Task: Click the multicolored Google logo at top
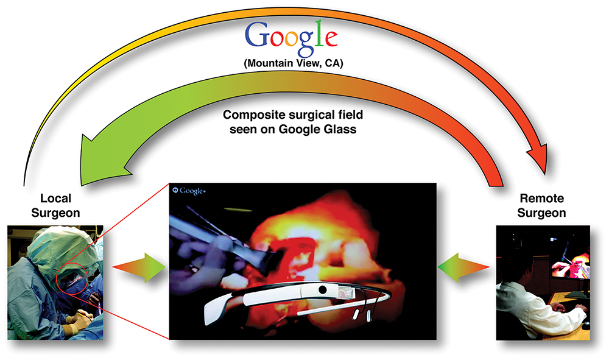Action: pyautogui.click(x=291, y=38)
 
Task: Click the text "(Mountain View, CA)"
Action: pyautogui.click(x=294, y=63)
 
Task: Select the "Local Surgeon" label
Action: pyautogui.click(x=55, y=205)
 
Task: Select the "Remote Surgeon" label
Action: pyautogui.click(x=541, y=205)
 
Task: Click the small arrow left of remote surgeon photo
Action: pyautogui.click(x=463, y=267)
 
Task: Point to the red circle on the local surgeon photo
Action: pyautogui.click(x=57, y=278)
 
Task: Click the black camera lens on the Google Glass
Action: pyautogui.click(x=322, y=290)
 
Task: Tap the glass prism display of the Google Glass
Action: pyautogui.click(x=347, y=292)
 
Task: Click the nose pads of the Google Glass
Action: pyautogui.click(x=362, y=314)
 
